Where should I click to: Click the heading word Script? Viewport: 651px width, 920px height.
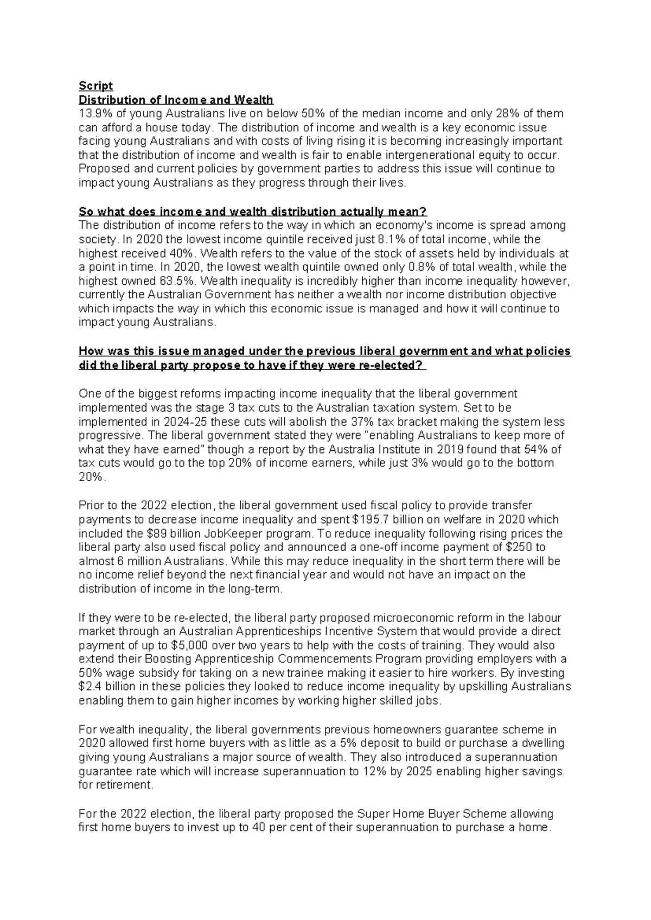pos(95,86)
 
